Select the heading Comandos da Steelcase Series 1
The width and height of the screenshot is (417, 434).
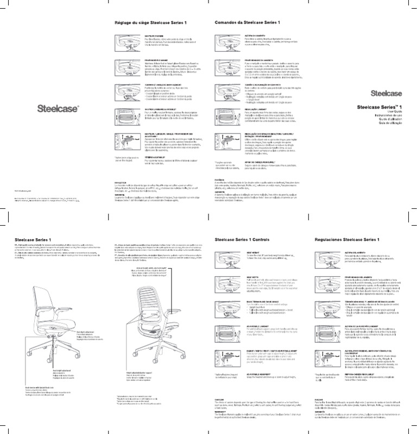tap(244, 22)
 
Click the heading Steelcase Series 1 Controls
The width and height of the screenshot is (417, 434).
tap(244, 239)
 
